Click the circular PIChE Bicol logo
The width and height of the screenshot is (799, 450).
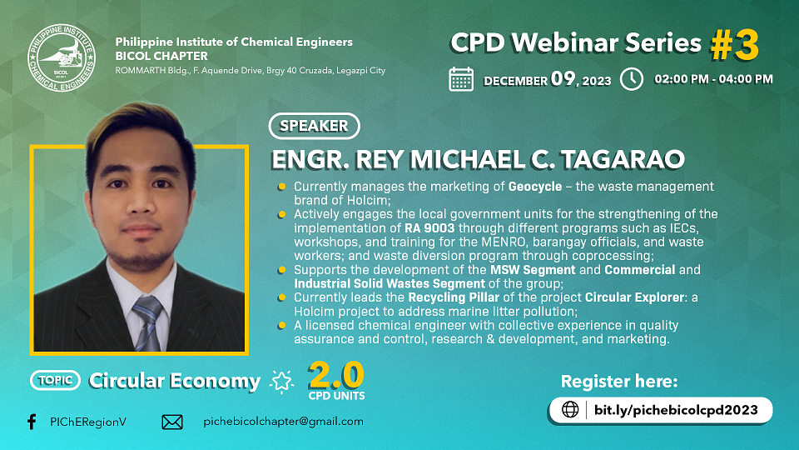pyautogui.click(x=62, y=57)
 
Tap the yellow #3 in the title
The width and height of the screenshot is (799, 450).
pyautogui.click(x=735, y=45)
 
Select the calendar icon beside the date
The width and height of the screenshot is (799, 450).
pyautogui.click(x=461, y=79)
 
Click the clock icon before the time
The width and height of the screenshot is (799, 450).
pyautogui.click(x=632, y=79)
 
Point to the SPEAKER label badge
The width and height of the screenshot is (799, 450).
pyautogui.click(x=314, y=126)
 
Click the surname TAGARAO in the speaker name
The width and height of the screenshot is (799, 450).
pyautogui.click(x=623, y=159)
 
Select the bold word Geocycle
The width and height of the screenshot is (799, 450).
pyautogui.click(x=535, y=187)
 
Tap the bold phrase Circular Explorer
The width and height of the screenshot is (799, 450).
pyautogui.click(x=634, y=297)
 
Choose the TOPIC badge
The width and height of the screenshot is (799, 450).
pyautogui.click(x=55, y=380)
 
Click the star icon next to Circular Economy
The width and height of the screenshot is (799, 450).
pyautogui.click(x=282, y=381)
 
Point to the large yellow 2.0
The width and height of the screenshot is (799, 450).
pyautogui.click(x=336, y=376)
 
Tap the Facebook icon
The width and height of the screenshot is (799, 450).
pyautogui.click(x=32, y=422)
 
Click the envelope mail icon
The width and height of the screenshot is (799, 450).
pyautogui.click(x=172, y=422)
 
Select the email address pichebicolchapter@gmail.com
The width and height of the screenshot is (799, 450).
pyautogui.click(x=283, y=422)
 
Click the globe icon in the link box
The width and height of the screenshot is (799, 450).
pyautogui.click(x=570, y=409)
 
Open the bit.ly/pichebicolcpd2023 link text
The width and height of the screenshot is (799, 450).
pyautogui.click(x=676, y=410)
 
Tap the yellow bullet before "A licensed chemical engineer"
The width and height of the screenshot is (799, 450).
pyautogui.click(x=281, y=326)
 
